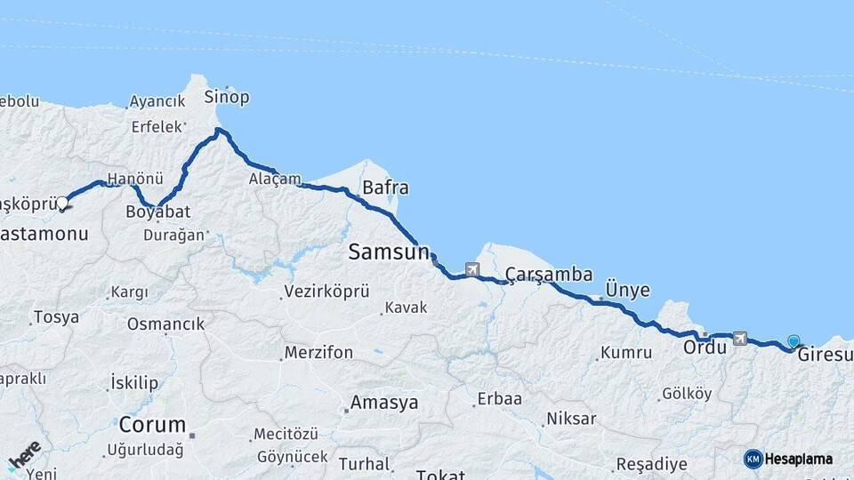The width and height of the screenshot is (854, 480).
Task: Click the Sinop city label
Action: coord(227,97)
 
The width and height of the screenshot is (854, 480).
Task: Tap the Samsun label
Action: coord(388,252)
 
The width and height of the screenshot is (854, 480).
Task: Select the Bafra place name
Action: coord(385,188)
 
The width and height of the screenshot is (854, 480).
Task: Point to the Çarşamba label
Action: coord(549,274)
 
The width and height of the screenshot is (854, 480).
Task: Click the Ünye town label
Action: coord(627,291)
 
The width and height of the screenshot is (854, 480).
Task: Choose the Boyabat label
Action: coord(158,212)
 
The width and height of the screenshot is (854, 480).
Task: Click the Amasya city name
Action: coord(383,403)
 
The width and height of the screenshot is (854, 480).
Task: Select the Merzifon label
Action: coord(318,353)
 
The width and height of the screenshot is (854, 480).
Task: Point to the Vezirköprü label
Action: coord(326,292)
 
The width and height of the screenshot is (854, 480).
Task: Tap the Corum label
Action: coord(152,424)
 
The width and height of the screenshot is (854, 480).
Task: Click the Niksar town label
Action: coord(571,418)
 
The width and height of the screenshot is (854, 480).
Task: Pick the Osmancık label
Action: coord(165,324)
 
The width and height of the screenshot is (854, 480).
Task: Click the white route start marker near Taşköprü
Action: coord(63,204)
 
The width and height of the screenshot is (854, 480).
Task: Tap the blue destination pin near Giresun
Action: coord(794,340)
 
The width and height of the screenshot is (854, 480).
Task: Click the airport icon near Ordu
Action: coord(739,338)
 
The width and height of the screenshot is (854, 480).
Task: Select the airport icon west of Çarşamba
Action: coord(471,269)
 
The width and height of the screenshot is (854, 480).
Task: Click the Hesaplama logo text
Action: coord(798,460)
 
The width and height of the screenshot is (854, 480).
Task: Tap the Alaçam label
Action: coord(275,180)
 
